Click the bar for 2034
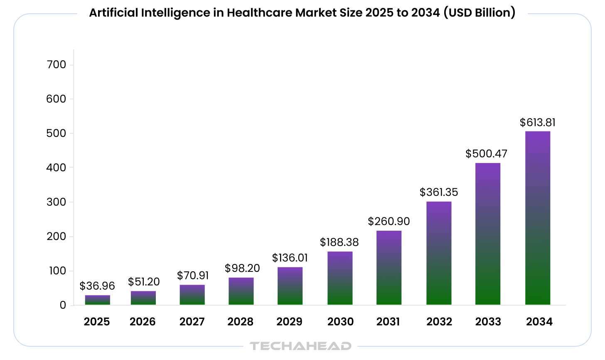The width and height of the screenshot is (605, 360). tap(537, 218)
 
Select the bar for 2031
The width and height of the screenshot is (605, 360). tap(389, 268)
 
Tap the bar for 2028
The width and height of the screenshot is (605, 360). tap(241, 291)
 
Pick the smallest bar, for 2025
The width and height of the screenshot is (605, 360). tap(98, 300)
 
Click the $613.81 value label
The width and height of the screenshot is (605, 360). tap(537, 123)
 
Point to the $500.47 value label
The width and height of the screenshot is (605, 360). tap(486, 154)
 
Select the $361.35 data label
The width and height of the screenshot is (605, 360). tap(438, 192)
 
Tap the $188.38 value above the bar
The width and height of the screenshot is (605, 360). tap(339, 242)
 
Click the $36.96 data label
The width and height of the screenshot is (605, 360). tap(97, 286)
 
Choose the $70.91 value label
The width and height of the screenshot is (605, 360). tap(193, 276)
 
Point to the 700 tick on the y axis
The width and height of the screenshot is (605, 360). tap(57, 64)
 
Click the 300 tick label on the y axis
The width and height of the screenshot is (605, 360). tap(57, 202)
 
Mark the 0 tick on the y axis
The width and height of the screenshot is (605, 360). tap(63, 305)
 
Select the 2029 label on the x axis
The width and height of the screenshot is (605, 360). tap(289, 322)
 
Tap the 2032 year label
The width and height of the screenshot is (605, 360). tap(439, 322)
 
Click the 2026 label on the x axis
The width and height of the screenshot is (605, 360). tap(143, 322)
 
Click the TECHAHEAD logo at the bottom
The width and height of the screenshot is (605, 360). tap(300, 346)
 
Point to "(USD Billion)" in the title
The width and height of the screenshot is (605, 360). tap(479, 13)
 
